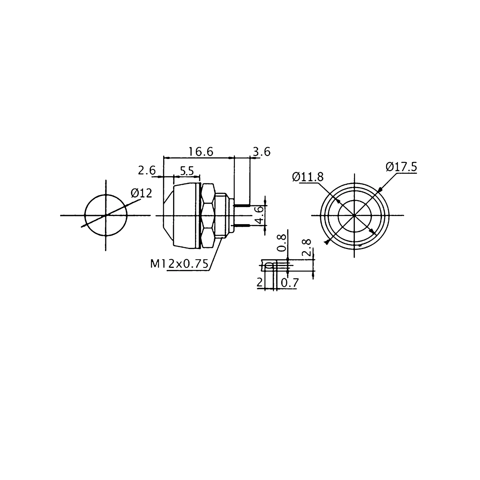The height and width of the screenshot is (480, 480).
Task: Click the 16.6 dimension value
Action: (201, 152)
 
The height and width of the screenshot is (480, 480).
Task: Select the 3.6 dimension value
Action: (262, 152)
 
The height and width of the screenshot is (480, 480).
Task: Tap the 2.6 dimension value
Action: (147, 171)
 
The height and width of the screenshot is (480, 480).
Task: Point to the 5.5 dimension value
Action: (187, 171)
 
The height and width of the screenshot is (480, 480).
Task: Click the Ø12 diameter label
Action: (142, 193)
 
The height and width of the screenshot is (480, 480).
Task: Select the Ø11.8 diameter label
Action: (308, 177)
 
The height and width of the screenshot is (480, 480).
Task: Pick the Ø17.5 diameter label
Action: (401, 167)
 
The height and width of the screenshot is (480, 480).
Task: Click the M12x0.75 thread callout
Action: (179, 264)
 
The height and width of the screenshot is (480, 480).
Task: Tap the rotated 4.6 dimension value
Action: (260, 215)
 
